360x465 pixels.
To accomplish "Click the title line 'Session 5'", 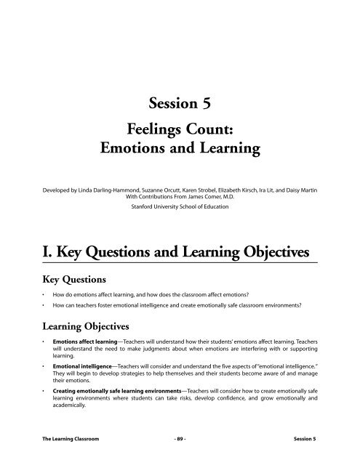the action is pyautogui.click(x=180, y=104).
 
